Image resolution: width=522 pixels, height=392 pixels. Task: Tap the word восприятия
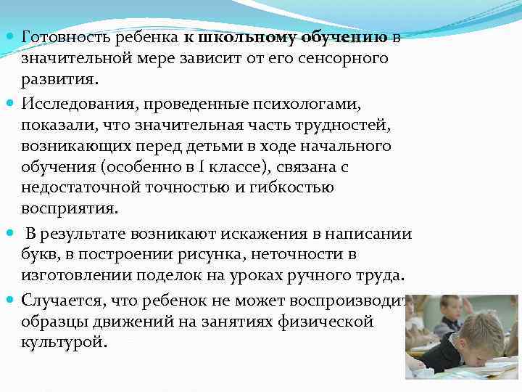click(67, 209)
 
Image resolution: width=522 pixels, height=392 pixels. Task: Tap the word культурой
click(64, 342)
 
